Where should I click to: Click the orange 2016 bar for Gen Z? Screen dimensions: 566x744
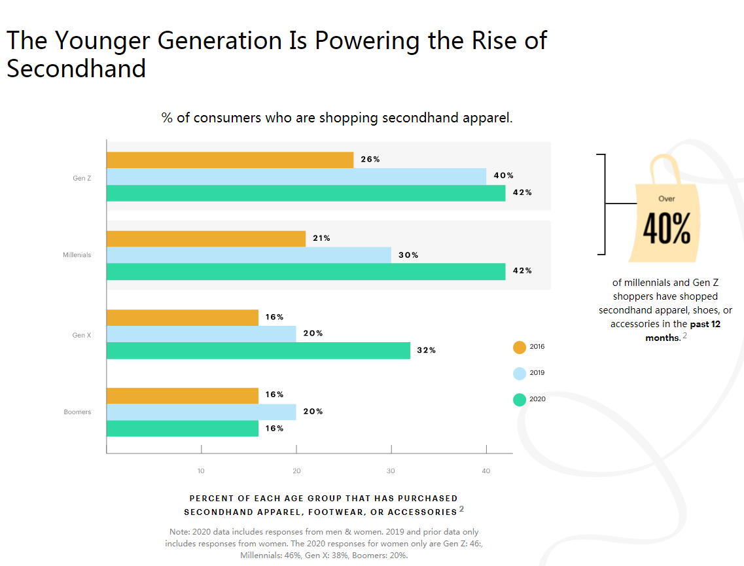coord(230,160)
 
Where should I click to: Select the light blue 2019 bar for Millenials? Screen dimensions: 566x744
coord(249,255)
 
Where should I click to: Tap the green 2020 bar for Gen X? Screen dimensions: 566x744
coord(258,350)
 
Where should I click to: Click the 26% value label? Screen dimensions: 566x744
coord(370,159)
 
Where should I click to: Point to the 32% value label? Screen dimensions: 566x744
coord(426,350)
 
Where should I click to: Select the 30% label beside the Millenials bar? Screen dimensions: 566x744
coord(408,255)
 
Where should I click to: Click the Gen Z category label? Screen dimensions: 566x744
coord(82,177)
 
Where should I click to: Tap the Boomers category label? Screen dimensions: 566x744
coord(77,412)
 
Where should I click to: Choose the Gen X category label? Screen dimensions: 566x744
coord(81,335)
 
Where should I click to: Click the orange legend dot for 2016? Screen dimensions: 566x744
coord(520,347)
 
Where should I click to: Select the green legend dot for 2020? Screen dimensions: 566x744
coord(520,399)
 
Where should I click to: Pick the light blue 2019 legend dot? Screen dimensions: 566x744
coord(520,373)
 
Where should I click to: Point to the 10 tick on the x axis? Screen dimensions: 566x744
coord(201,470)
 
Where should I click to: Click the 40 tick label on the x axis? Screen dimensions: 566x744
coord(486,470)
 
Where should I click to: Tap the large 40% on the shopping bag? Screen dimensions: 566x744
coord(666,228)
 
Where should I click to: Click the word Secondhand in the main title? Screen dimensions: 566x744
coord(77,68)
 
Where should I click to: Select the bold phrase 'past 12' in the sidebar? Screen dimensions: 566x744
coord(705,324)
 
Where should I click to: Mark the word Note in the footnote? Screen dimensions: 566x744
coord(180,532)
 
